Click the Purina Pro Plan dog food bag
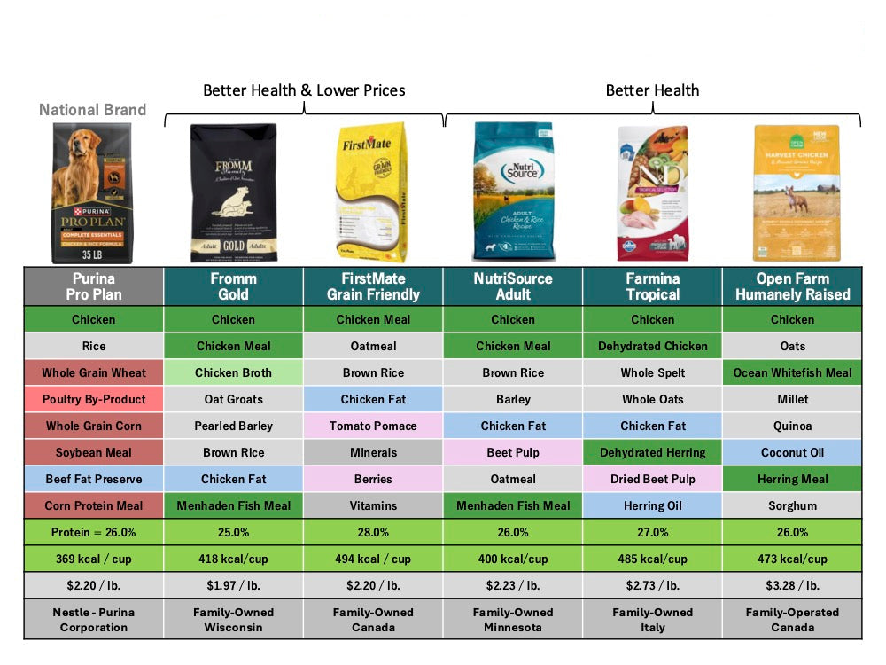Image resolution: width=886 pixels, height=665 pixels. click(92, 192)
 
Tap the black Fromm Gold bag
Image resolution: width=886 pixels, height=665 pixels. click(234, 192)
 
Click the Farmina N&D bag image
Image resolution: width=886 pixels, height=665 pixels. click(653, 192)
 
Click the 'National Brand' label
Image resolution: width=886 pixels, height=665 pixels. click(92, 111)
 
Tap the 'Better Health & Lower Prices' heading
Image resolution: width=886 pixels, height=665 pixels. click(304, 90)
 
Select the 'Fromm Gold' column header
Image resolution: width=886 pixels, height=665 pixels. click(234, 286)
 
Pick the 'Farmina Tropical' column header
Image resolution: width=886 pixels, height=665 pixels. click(653, 286)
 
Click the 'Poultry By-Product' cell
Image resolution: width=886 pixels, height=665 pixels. click(94, 399)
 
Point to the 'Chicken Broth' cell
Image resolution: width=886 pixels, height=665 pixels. click(234, 372)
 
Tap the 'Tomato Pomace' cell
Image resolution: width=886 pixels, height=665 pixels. click(373, 426)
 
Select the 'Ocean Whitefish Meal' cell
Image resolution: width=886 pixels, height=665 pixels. click(792, 372)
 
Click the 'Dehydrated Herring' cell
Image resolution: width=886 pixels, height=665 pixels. click(653, 452)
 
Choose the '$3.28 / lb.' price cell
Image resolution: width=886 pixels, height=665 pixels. click(792, 585)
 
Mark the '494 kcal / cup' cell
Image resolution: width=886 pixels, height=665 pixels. click(373, 559)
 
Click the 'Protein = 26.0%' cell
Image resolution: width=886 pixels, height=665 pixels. click(94, 532)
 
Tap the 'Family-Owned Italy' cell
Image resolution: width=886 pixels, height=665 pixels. click(653, 620)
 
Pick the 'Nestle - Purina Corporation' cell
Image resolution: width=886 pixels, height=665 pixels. click(94, 620)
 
